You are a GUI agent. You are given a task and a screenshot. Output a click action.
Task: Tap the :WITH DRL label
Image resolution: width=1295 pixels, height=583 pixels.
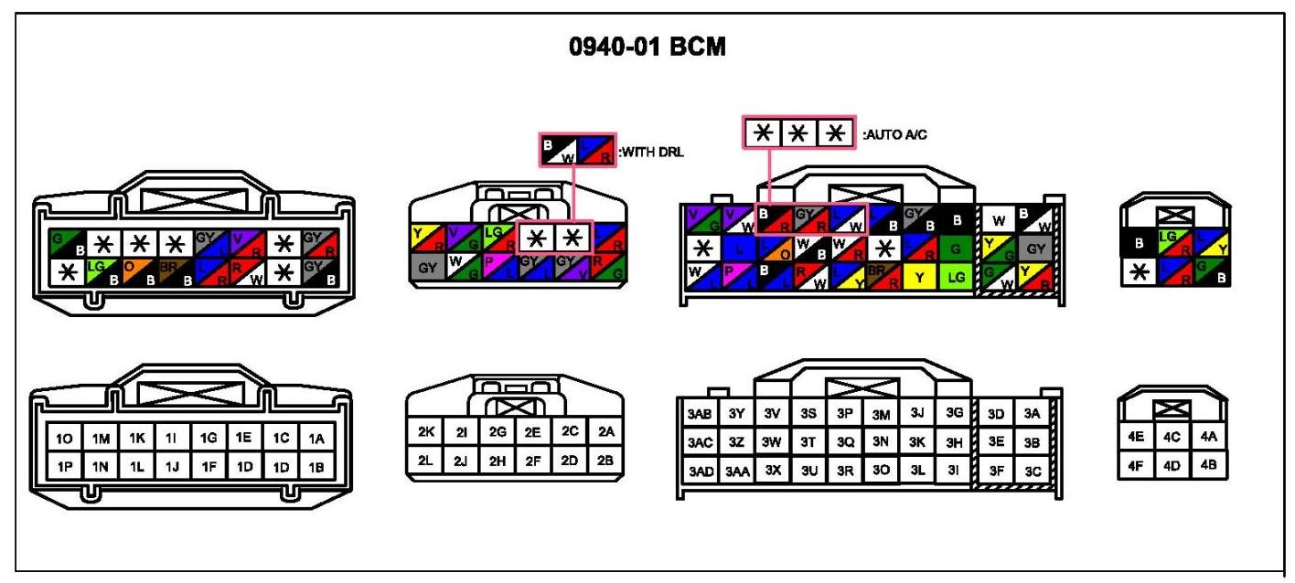[x=651, y=152]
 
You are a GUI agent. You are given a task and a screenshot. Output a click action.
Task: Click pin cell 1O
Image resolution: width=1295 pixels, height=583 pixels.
[x=65, y=440]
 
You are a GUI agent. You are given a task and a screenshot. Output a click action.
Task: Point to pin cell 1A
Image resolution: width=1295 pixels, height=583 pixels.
[x=316, y=440]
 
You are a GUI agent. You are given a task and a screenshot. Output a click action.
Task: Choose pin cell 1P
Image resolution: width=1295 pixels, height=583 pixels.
[x=65, y=466]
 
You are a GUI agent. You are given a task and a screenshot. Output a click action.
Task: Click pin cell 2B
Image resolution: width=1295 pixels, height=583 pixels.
[x=605, y=460]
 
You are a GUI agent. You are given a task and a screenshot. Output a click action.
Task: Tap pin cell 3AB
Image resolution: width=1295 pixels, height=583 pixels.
[x=699, y=413]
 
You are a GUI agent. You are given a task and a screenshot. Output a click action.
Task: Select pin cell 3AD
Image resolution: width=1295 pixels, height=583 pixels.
[x=699, y=472]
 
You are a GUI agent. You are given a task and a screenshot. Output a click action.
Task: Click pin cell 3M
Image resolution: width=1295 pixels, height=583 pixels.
[x=881, y=414]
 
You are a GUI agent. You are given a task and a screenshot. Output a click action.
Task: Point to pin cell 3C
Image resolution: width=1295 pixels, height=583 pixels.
[x=1033, y=472]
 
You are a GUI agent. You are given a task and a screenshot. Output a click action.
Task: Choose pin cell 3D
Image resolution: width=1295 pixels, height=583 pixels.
[x=998, y=413]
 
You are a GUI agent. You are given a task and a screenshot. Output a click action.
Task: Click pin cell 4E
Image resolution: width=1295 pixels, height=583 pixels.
[x=1137, y=437]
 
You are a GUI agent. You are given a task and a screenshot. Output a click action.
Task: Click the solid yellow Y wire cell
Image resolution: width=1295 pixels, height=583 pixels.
[x=918, y=276]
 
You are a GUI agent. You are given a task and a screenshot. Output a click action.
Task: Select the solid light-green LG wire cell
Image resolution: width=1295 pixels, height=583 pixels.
[x=955, y=276]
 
